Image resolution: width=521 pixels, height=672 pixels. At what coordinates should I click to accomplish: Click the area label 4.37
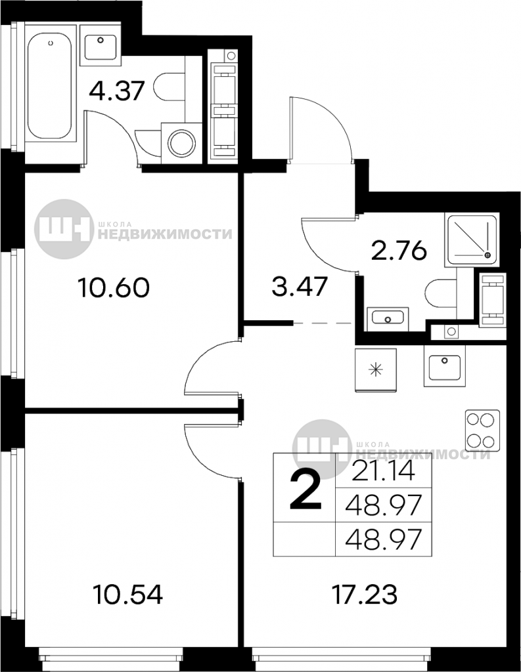116,90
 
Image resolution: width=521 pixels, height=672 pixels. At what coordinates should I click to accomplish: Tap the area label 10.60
114,287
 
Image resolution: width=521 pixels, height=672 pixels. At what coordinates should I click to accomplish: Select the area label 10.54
128,595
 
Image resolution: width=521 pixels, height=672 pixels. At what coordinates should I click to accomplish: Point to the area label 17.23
365,595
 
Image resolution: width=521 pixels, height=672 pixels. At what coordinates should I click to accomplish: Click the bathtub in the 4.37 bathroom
49,87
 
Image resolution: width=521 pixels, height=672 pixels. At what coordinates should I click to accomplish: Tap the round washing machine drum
182,143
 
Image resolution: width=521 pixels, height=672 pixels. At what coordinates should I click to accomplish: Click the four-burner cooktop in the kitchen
483,430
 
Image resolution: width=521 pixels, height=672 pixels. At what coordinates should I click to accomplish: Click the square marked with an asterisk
376,369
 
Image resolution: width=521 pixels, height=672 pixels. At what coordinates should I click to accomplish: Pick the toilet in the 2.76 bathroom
440,295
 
